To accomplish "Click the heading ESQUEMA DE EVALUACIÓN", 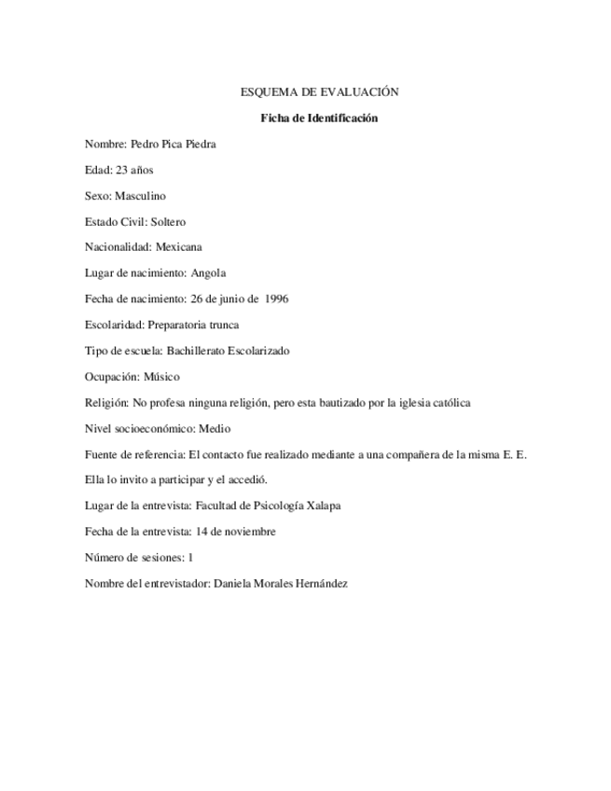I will tap(319, 92).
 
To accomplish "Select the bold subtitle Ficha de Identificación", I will tap(319, 118).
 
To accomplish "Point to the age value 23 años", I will tap(134, 171).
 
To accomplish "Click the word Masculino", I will tap(140, 196).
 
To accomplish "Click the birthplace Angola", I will tap(208, 273).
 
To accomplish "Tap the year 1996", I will tap(276, 299).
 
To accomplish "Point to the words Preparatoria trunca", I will tap(193, 326).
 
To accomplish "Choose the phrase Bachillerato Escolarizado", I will tap(228, 351).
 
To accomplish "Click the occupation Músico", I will tap(161, 377).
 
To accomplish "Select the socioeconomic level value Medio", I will tap(215, 429).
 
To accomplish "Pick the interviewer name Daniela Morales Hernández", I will tap(281, 584).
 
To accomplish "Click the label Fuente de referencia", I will tap(134, 454).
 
